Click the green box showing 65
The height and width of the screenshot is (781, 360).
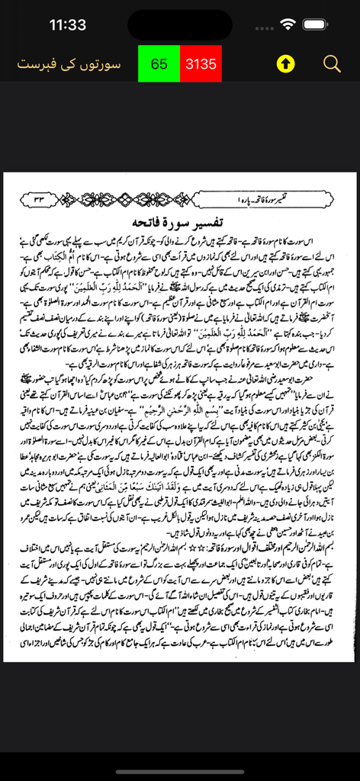tap(159, 64)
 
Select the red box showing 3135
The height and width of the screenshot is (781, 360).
tap(201, 64)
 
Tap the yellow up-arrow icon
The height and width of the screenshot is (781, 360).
tap(284, 64)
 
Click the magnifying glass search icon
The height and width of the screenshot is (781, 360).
tap(332, 64)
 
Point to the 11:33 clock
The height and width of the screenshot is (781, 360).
tap(68, 24)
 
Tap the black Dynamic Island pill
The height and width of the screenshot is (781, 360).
tap(180, 24)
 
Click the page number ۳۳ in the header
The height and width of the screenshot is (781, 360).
tap(36, 199)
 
